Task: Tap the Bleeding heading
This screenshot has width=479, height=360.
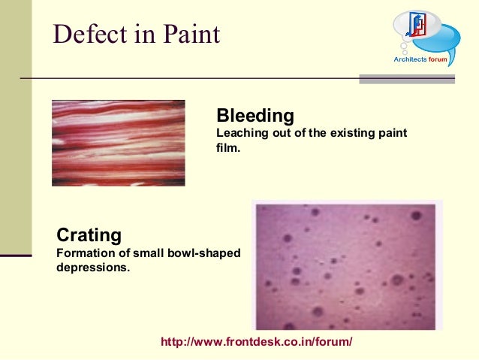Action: (255, 116)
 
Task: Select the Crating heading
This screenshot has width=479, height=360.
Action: (89, 235)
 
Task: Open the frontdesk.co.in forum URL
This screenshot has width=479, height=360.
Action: (256, 342)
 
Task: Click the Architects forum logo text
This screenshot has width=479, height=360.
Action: (425, 59)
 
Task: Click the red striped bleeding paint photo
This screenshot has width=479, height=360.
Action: (118, 143)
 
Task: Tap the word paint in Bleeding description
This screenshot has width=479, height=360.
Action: (391, 133)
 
